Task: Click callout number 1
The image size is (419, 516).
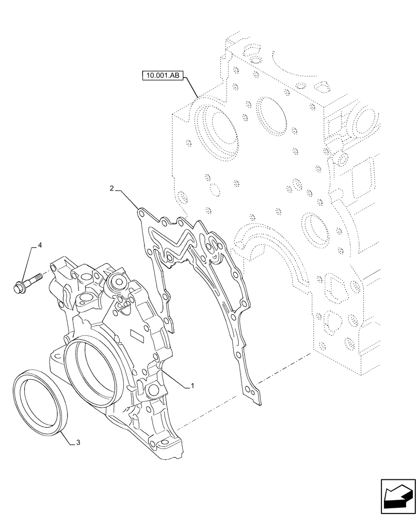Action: (x=192, y=385)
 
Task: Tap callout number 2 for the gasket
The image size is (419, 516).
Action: (x=112, y=189)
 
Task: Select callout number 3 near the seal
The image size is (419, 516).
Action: (x=77, y=442)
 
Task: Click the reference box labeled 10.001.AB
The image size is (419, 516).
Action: (x=161, y=76)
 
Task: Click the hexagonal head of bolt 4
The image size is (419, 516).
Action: (x=19, y=285)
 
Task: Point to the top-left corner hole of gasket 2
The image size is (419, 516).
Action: (x=141, y=212)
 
